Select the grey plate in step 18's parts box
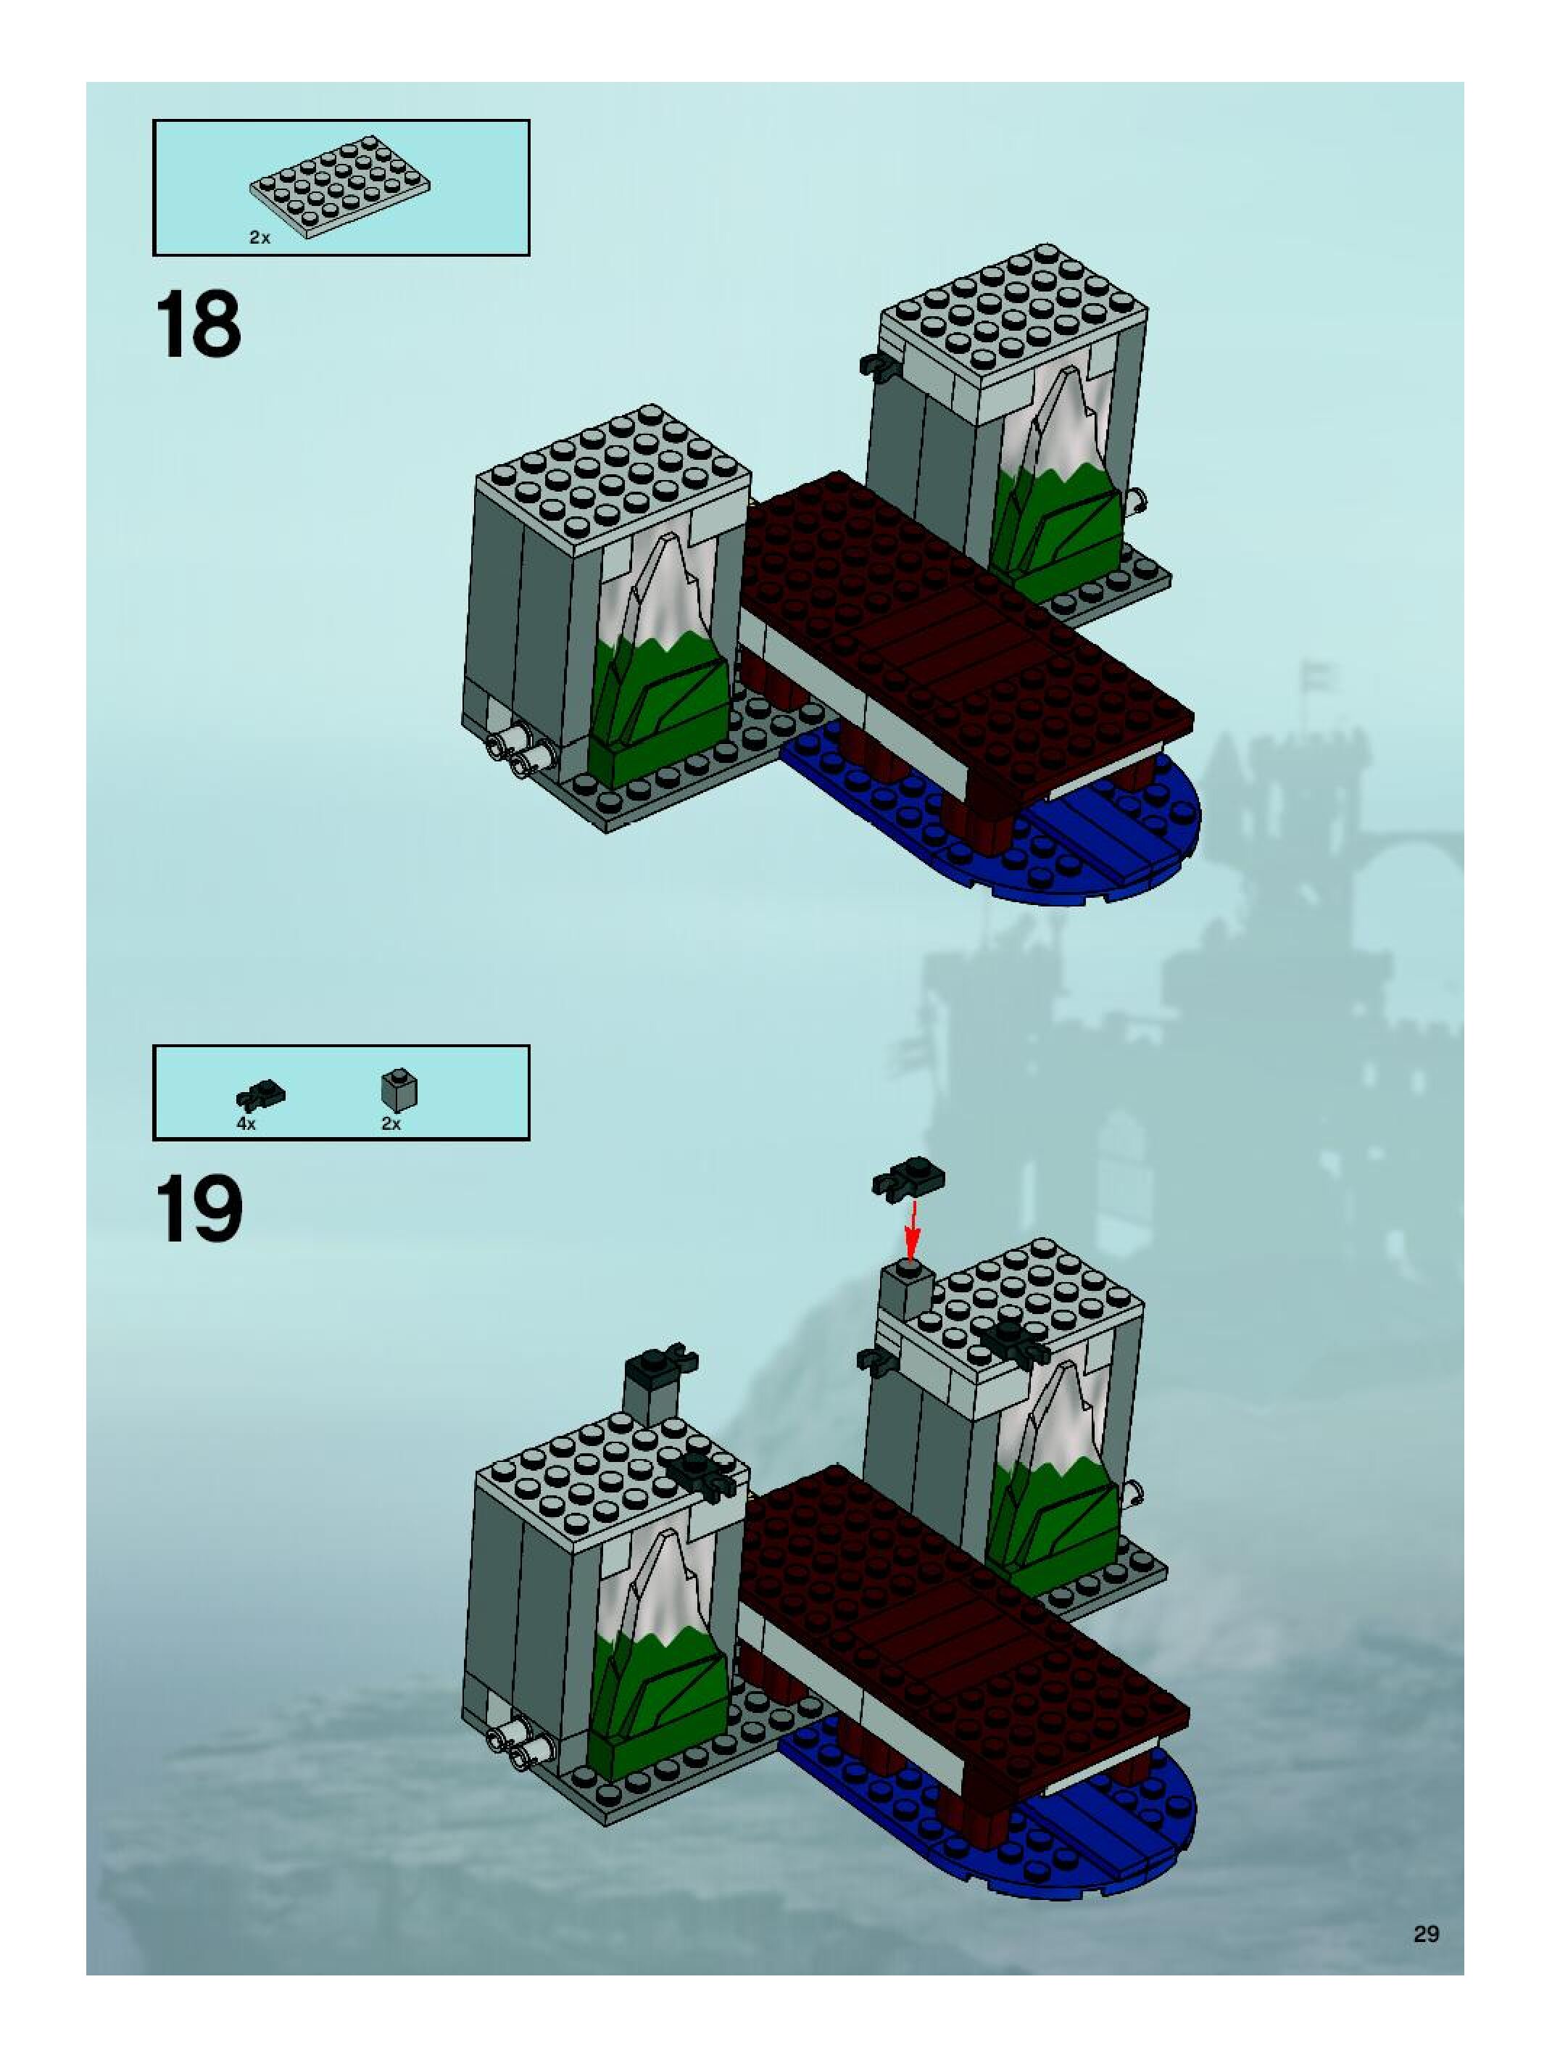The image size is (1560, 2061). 340,184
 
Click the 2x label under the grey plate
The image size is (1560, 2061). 260,238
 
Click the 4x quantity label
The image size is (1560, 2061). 246,1123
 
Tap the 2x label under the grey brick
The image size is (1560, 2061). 391,1123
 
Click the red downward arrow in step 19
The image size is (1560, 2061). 913,1229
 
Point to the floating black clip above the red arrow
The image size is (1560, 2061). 908,1178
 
